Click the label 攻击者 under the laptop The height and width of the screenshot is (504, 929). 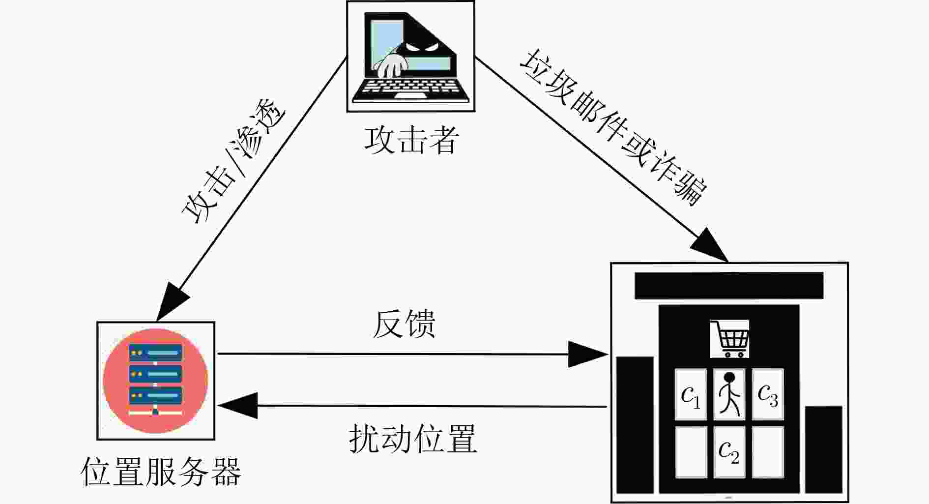(x=412, y=140)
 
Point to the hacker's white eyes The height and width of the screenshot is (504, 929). (x=420, y=48)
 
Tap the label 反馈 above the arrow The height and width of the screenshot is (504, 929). (x=404, y=324)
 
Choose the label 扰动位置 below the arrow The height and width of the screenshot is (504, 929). (x=413, y=439)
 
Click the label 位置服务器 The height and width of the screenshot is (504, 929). (x=161, y=472)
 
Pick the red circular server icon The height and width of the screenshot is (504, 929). (x=155, y=381)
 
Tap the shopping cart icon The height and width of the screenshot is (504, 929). (x=729, y=339)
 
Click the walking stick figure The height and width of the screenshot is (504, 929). (x=729, y=394)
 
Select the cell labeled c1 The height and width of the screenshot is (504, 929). (x=691, y=394)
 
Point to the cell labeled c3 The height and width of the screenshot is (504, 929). (x=768, y=394)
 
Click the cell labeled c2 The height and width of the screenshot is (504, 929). (x=729, y=451)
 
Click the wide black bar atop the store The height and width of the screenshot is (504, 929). (x=729, y=285)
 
